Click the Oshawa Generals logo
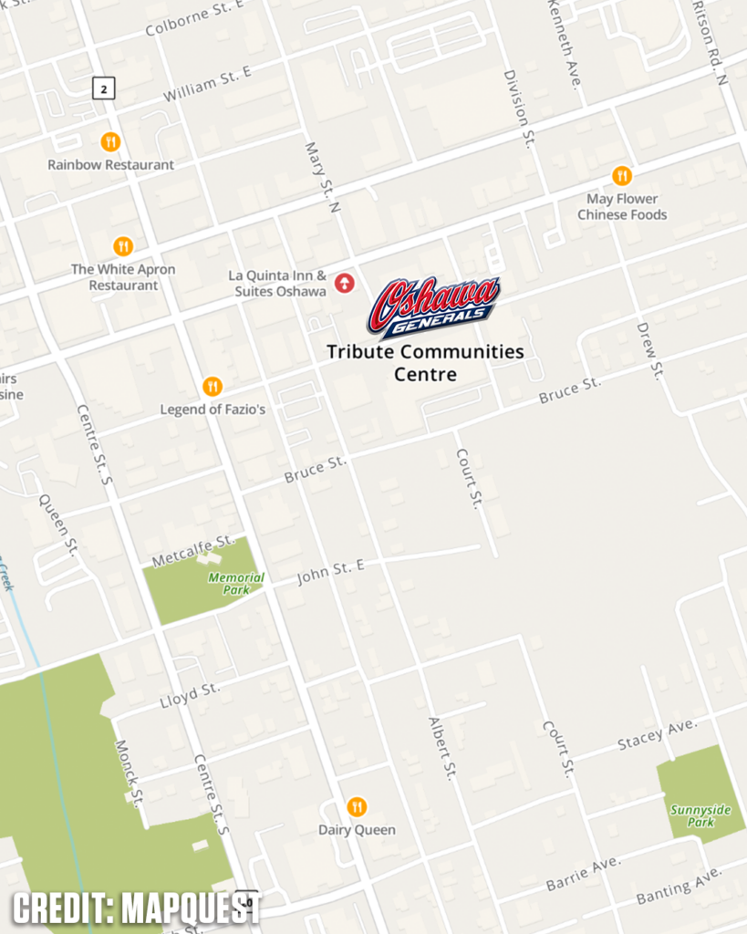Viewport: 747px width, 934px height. [433, 306]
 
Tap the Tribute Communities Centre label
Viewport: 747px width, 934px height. [425, 362]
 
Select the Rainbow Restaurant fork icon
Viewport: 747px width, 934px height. [110, 141]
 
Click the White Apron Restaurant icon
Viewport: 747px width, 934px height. [123, 246]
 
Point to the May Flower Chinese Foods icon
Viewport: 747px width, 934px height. [622, 175]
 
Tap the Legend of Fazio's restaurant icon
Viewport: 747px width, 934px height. [213, 387]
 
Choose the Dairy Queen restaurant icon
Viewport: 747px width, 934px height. [357, 806]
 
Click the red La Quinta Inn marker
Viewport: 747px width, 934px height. [344, 283]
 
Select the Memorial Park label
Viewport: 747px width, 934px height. [236, 583]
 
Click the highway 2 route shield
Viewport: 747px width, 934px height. [105, 88]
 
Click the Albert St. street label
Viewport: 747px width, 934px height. [441, 748]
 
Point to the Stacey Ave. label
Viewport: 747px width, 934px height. [657, 734]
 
